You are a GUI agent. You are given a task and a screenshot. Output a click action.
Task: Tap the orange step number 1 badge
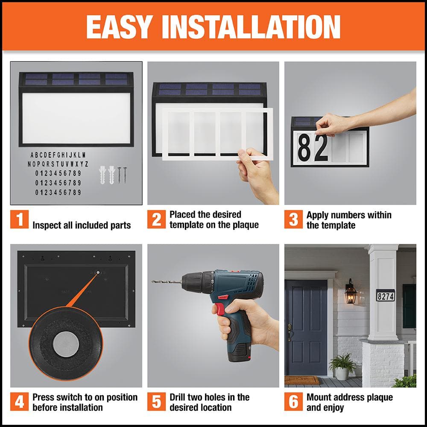(19, 219)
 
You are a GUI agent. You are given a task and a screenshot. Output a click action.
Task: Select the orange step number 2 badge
(156, 219)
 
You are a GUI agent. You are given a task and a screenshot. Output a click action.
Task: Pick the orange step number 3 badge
(293, 219)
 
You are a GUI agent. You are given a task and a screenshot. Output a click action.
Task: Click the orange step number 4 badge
(19, 402)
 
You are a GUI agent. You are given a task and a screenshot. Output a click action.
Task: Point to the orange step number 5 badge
(156, 402)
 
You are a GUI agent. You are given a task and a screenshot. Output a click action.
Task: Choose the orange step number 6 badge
(293, 402)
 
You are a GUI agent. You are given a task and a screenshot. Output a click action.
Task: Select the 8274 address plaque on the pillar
(385, 295)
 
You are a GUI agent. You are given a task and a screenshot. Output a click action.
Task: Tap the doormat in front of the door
(302, 380)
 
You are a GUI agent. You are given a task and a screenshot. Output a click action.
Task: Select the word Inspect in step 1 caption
(46, 225)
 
